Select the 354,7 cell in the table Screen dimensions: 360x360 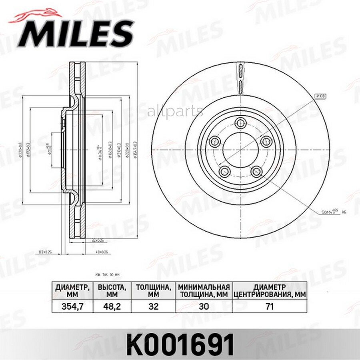tap(72, 306)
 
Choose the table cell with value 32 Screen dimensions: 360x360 tap(154, 306)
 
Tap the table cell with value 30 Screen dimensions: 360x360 tap(204, 306)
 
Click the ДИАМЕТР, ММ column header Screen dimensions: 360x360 tap(72, 290)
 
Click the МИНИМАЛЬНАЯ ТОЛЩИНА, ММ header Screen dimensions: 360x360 tap(204, 290)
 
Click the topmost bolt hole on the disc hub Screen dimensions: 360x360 tap(240, 123)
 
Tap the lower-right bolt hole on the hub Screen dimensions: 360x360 tap(256, 172)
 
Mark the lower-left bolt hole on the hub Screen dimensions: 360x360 tap(224, 172)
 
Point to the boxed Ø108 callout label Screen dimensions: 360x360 tap(320, 96)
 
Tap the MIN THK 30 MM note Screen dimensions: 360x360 tap(108, 274)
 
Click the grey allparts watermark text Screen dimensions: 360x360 tap(175, 112)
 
